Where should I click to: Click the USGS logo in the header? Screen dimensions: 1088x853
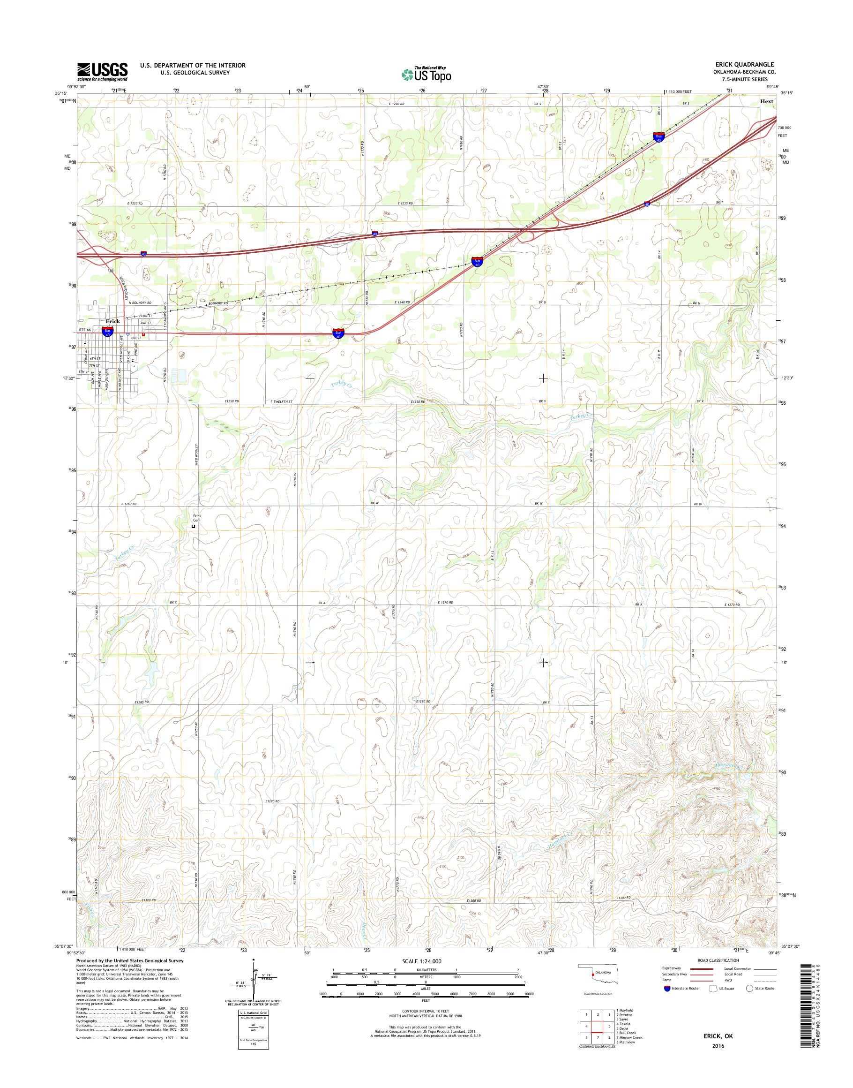coord(102,72)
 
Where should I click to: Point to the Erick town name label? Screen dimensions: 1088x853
coord(112,321)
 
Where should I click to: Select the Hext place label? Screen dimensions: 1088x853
coord(767,101)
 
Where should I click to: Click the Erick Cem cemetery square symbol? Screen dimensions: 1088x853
coord(193,526)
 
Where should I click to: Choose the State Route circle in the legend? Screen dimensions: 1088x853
coord(750,1002)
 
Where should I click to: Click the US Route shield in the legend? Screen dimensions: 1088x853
coord(709,1002)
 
